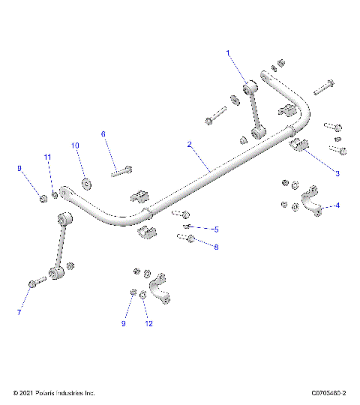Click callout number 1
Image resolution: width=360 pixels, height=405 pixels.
[229, 52]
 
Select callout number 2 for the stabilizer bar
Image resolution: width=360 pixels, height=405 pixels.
[190, 144]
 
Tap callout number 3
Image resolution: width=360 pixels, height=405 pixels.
[337, 173]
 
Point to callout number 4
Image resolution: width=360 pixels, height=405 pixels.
[337, 205]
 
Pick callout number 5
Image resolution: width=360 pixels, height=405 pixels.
[216, 229]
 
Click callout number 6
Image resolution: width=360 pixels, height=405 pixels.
[103, 133]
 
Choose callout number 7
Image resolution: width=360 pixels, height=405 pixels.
[19, 312]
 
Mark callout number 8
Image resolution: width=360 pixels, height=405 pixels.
[216, 247]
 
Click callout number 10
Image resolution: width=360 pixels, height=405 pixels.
[74, 145]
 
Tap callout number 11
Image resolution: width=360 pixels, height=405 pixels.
[47, 157]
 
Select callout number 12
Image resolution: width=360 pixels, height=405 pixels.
[149, 323]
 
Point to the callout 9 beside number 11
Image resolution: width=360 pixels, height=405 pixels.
[19, 169]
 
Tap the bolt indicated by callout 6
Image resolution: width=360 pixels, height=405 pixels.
[121, 171]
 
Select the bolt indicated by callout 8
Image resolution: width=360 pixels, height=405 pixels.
[187, 238]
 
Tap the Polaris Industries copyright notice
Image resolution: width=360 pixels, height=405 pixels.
[54, 392]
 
